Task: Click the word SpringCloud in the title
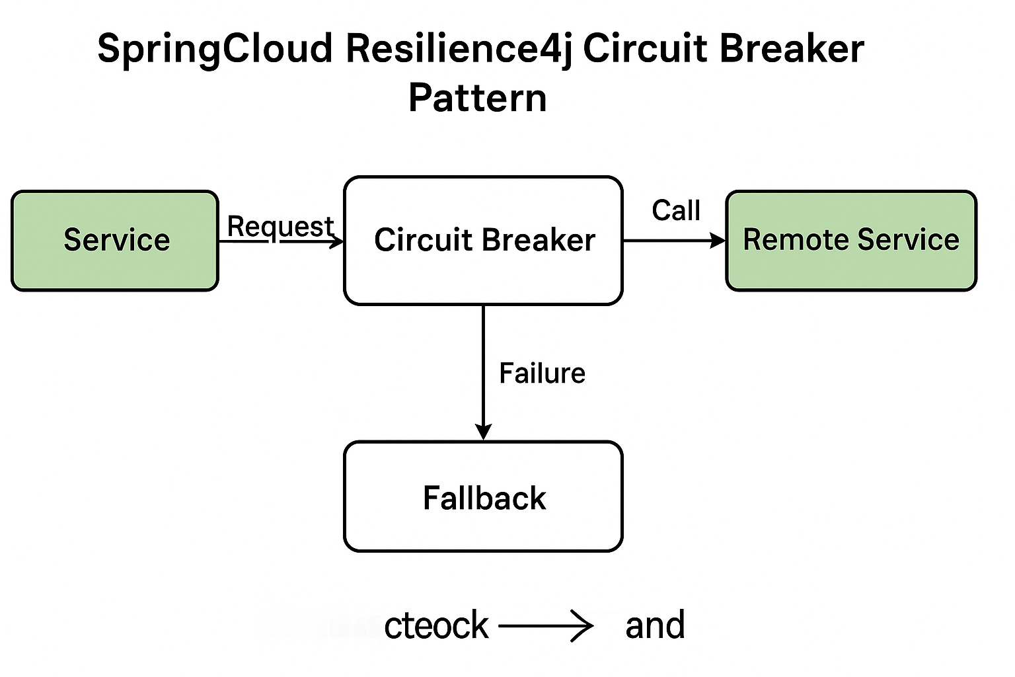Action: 215,50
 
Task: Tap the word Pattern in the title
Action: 478,99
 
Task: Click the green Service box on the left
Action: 115,241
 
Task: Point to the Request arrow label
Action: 280,226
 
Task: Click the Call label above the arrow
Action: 675,211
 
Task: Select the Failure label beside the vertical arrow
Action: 542,374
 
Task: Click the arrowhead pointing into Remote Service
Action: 718,241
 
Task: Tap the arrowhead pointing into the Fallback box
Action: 483,432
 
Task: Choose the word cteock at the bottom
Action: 436,625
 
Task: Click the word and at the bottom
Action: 655,625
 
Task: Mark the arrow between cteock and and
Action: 546,625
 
